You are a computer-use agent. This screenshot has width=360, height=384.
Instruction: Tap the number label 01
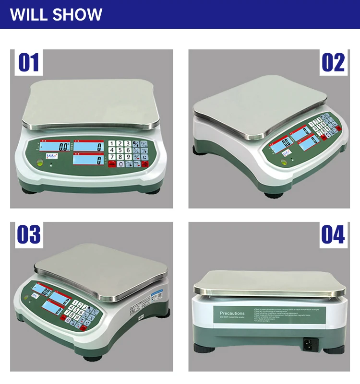click(x=29, y=63)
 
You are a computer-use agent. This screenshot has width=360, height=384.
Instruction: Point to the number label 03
click(x=29, y=235)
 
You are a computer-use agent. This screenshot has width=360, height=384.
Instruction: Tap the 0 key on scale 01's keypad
click(x=120, y=164)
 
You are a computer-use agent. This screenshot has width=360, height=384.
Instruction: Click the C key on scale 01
click(x=144, y=157)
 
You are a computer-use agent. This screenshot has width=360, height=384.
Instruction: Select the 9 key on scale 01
click(x=128, y=157)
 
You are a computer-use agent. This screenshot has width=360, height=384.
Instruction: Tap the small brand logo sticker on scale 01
click(x=50, y=156)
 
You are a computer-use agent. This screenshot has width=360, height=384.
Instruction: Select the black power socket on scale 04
click(x=310, y=343)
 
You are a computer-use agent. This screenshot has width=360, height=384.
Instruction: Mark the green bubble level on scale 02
click(x=284, y=162)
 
